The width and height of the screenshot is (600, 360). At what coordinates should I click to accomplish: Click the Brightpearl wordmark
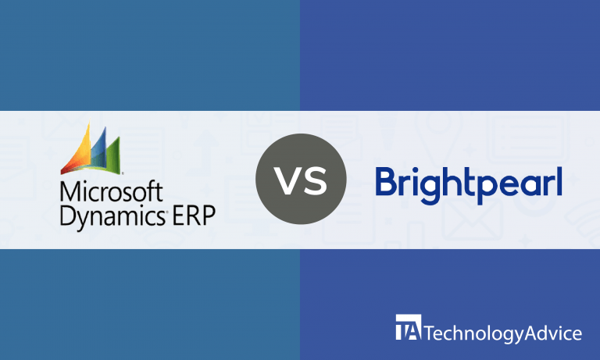469,181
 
